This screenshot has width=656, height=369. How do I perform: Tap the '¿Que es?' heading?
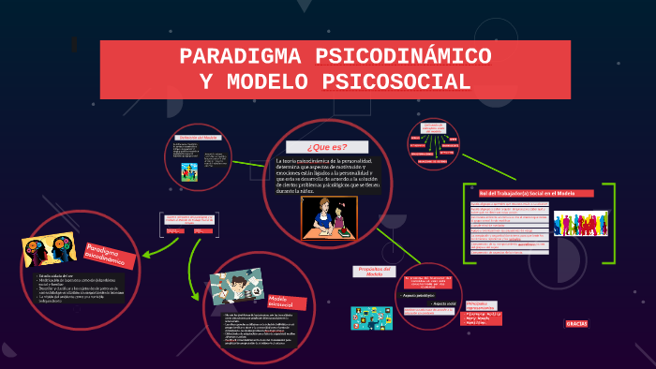pyautogui.click(x=327, y=147)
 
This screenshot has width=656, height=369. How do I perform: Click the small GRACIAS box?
pyautogui.click(x=576, y=323)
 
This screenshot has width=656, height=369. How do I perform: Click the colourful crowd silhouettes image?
pyautogui.click(x=582, y=223)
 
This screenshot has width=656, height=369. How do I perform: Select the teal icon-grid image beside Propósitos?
pyautogui.click(x=371, y=317)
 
